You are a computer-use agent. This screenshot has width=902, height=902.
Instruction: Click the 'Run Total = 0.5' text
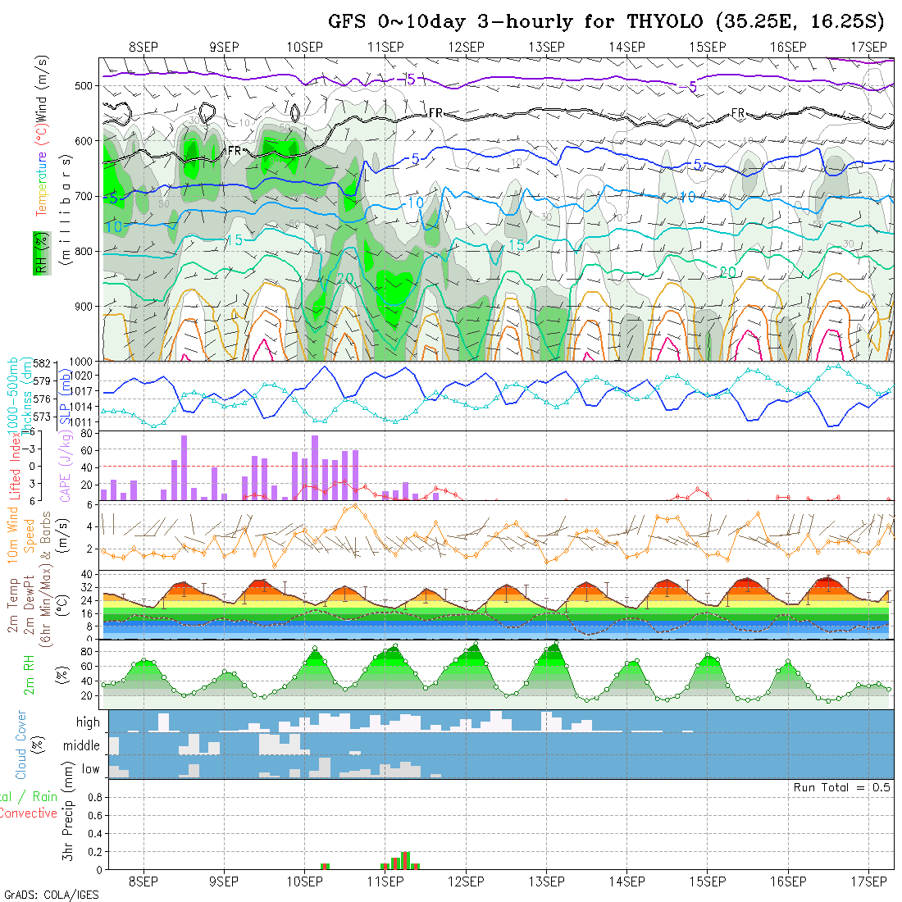pos(841,787)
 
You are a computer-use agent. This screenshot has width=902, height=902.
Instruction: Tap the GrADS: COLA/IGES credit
pos(51,895)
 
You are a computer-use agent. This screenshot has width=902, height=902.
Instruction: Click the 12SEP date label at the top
pos(466,47)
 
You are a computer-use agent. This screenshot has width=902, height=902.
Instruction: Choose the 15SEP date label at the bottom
pos(708,881)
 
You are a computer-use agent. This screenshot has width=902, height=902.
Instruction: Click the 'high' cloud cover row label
pos(88,722)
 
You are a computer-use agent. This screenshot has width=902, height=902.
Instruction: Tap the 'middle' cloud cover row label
pos(82,746)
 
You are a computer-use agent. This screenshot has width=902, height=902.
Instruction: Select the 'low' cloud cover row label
pos(90,769)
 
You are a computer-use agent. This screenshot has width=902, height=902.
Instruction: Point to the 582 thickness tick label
pos(43,363)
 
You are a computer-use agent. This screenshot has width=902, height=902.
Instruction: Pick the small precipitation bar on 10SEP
pos(325,865)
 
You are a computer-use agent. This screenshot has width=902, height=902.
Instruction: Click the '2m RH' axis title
pos(30,674)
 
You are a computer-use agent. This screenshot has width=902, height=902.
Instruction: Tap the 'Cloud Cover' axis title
pos(21,745)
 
